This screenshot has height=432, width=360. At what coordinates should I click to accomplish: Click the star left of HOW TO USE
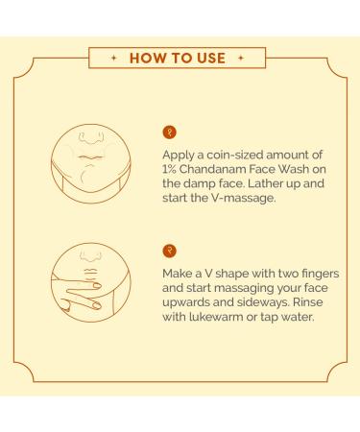[113, 58]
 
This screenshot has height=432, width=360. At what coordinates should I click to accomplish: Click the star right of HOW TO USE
[241, 58]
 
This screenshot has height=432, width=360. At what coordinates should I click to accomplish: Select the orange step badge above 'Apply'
[170, 132]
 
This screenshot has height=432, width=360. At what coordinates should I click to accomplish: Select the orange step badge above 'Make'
[170, 251]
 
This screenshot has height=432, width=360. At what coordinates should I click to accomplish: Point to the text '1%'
[169, 169]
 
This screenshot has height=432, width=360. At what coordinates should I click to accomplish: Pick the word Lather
[267, 183]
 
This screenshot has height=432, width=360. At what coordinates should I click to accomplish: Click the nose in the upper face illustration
[92, 137]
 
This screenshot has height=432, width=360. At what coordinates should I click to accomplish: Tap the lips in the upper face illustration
[91, 157]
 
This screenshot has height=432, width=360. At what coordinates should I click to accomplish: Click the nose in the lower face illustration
[91, 255]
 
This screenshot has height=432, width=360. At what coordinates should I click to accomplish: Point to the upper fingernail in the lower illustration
[97, 285]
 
